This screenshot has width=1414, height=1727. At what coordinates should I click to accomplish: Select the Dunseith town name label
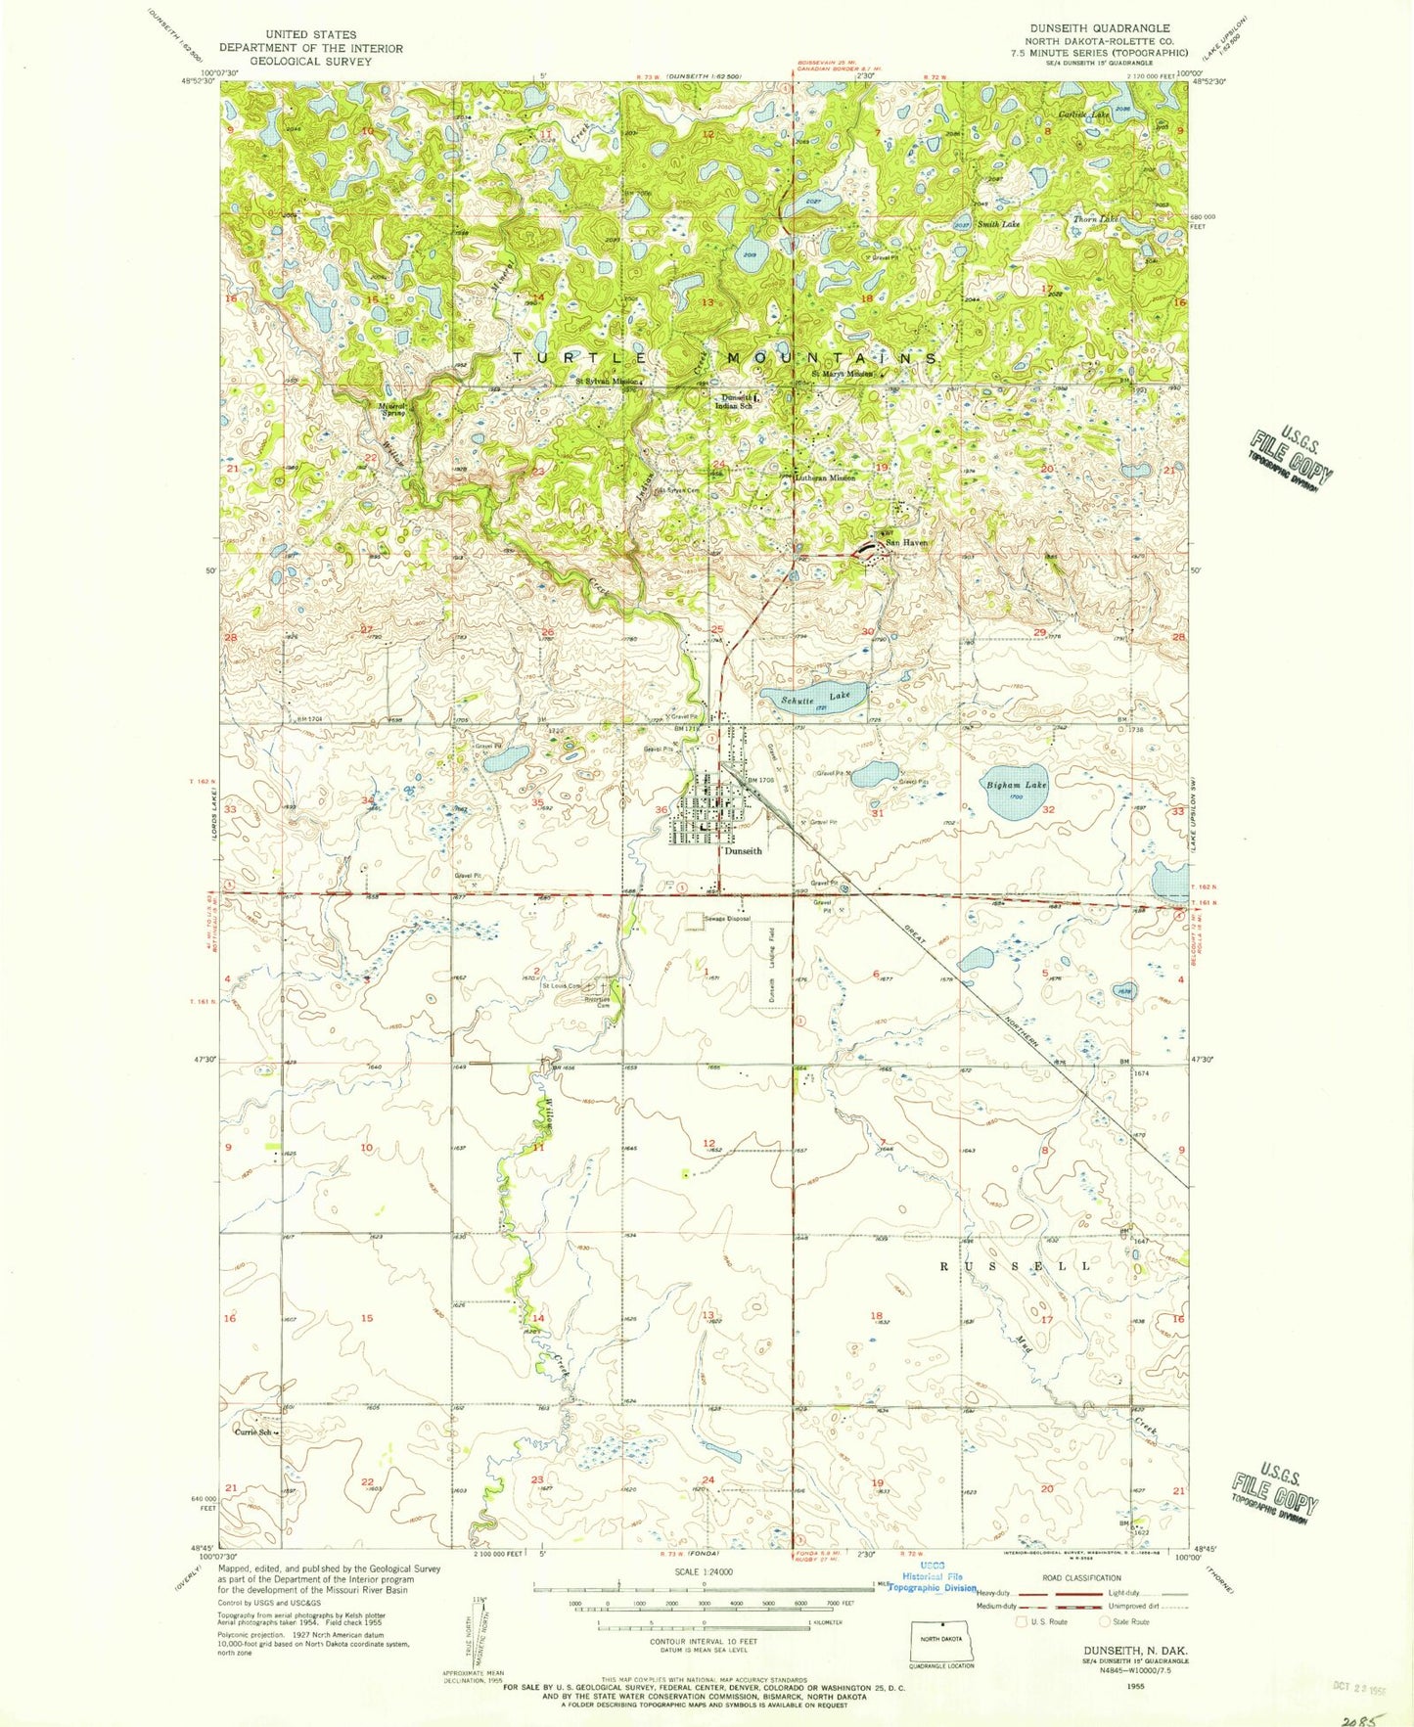743,851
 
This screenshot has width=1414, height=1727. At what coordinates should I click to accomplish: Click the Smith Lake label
998,225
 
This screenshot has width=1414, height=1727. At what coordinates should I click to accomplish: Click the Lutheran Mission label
827,477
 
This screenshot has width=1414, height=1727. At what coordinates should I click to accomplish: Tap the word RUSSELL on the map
1015,1266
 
